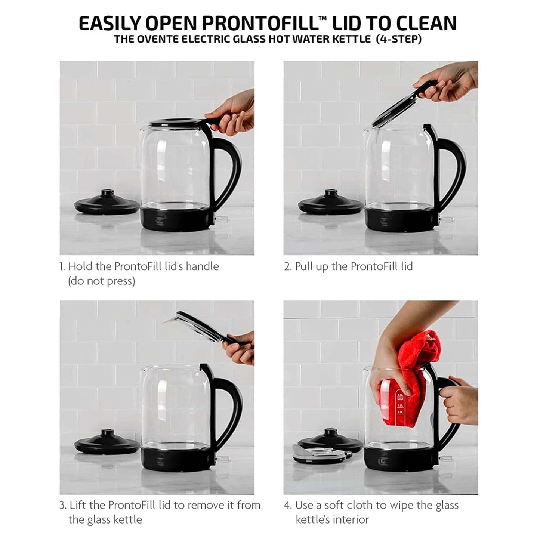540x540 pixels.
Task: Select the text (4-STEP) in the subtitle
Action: [398, 39]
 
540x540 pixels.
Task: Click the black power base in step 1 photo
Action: [107, 202]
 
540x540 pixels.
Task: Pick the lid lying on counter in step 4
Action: [322, 454]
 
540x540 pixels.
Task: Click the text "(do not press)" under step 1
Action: [101, 281]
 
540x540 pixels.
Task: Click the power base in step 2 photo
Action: [331, 202]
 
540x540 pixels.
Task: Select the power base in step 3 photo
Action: [107, 442]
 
